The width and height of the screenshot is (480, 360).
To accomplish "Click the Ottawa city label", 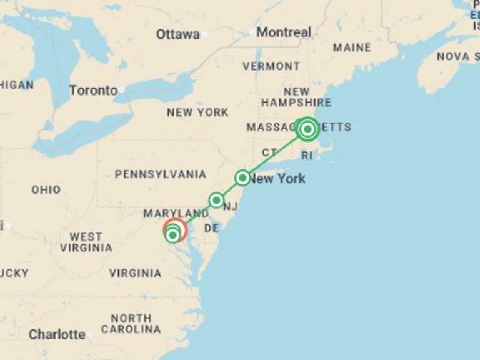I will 177,34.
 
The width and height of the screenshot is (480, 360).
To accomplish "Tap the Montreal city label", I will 283,32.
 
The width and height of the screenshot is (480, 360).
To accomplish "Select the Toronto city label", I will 93,90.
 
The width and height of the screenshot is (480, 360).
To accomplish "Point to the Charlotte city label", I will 57,334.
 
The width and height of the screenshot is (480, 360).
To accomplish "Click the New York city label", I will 277,179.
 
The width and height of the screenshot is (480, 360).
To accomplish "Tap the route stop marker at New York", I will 242,178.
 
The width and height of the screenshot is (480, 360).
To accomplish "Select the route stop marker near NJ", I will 216,200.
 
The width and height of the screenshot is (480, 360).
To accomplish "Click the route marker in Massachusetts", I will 307,129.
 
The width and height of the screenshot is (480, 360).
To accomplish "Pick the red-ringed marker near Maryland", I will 174,231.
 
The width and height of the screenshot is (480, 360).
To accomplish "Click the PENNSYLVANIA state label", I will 160,174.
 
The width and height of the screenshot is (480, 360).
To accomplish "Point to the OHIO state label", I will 46,189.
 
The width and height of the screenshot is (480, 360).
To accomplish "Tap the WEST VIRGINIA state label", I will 86,242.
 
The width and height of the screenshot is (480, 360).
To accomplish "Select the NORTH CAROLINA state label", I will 131,324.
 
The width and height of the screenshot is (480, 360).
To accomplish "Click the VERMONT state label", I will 271,66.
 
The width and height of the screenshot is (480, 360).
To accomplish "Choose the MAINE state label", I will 352,47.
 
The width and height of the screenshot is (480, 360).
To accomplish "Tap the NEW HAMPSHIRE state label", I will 296,97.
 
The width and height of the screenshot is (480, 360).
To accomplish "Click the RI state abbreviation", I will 307,155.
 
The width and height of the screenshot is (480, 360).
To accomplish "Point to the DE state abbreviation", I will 211,229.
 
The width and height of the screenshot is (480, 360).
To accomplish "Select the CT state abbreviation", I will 269,152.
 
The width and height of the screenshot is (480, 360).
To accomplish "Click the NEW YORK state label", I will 197,112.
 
